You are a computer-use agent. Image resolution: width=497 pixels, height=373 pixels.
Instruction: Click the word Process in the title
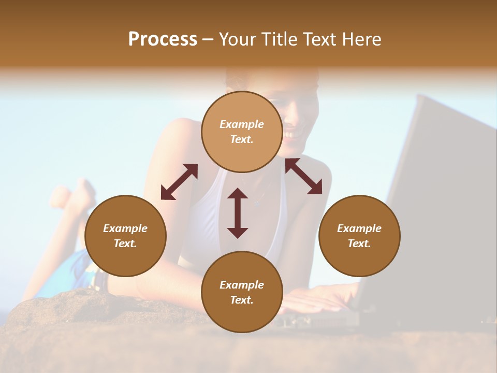[163, 39]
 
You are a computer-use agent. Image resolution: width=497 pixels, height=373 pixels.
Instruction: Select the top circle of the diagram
[242, 132]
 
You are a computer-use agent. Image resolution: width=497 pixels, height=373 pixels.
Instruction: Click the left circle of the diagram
[125, 236]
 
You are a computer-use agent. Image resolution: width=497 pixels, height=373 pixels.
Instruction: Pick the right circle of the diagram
[359, 236]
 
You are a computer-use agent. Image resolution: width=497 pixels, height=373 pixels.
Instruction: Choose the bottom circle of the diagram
[242, 292]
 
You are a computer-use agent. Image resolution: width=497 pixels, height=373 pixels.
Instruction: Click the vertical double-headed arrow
[238, 213]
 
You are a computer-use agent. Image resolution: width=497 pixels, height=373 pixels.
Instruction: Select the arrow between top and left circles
[179, 182]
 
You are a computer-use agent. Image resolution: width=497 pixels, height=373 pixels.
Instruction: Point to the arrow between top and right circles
[304, 176]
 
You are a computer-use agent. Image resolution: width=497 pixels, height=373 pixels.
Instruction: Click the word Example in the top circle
[242, 124]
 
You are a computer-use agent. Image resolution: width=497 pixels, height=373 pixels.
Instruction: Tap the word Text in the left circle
[125, 243]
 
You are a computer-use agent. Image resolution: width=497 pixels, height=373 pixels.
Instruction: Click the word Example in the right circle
[359, 228]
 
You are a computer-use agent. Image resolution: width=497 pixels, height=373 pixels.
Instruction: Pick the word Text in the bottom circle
[242, 300]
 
